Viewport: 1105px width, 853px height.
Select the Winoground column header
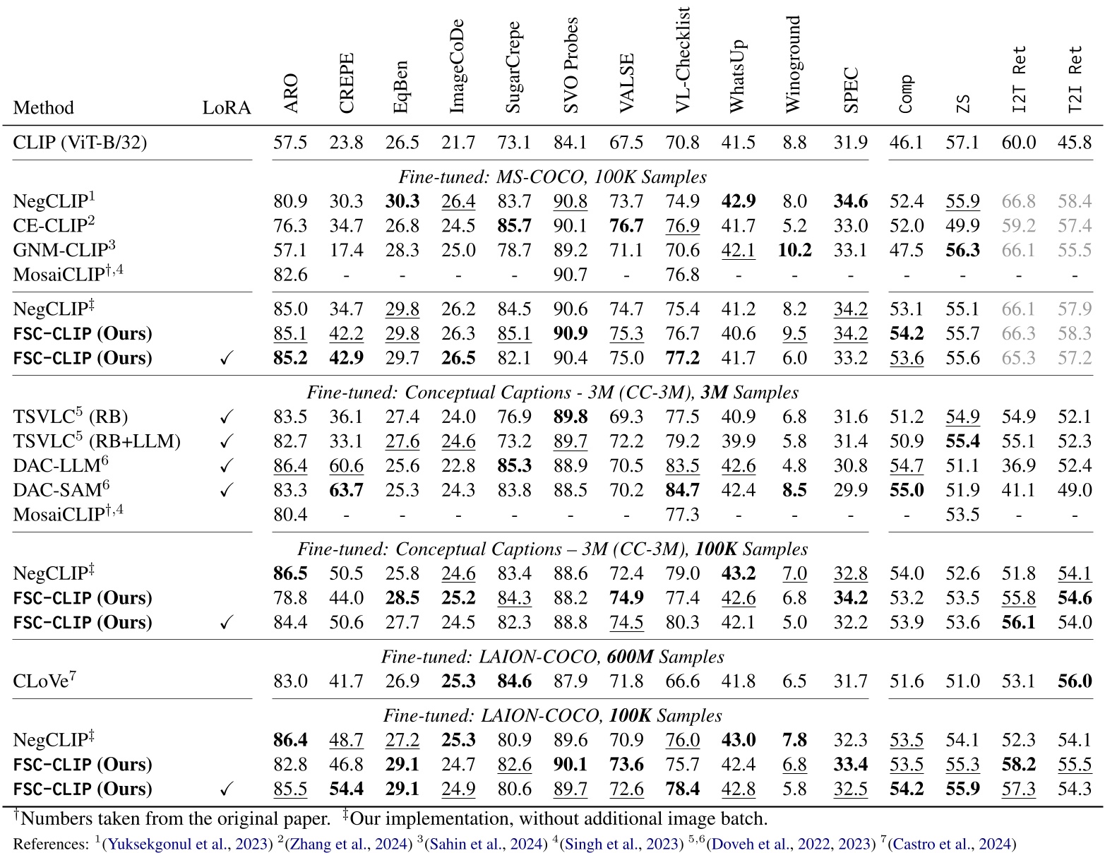pyautogui.click(x=794, y=64)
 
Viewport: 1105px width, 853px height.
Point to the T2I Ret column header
pyautogui.click(x=1075, y=80)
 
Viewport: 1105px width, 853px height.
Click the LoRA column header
pyautogui.click(x=227, y=107)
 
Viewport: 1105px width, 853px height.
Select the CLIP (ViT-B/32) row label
pyautogui.click(x=80, y=143)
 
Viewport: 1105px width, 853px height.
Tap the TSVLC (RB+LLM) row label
pyautogui.click(x=97, y=441)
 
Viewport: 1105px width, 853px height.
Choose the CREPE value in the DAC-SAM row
pyautogui.click(x=346, y=490)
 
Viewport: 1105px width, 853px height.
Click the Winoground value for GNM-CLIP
pyautogui.click(x=794, y=250)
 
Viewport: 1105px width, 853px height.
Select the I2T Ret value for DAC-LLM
pyautogui.click(x=1018, y=466)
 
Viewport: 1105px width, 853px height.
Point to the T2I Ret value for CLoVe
pyautogui.click(x=1075, y=681)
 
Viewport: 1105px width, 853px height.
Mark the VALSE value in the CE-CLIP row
pyautogui.click(x=626, y=226)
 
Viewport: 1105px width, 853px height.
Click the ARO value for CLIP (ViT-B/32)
pyautogui.click(x=290, y=143)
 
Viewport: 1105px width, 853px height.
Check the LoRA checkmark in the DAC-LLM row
pyautogui.click(x=227, y=466)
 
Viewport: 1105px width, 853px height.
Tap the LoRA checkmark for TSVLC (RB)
pyautogui.click(x=227, y=417)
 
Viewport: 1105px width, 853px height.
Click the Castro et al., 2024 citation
pyautogui.click(x=952, y=843)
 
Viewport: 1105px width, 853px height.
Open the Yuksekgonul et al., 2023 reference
pyautogui.click(x=187, y=843)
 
